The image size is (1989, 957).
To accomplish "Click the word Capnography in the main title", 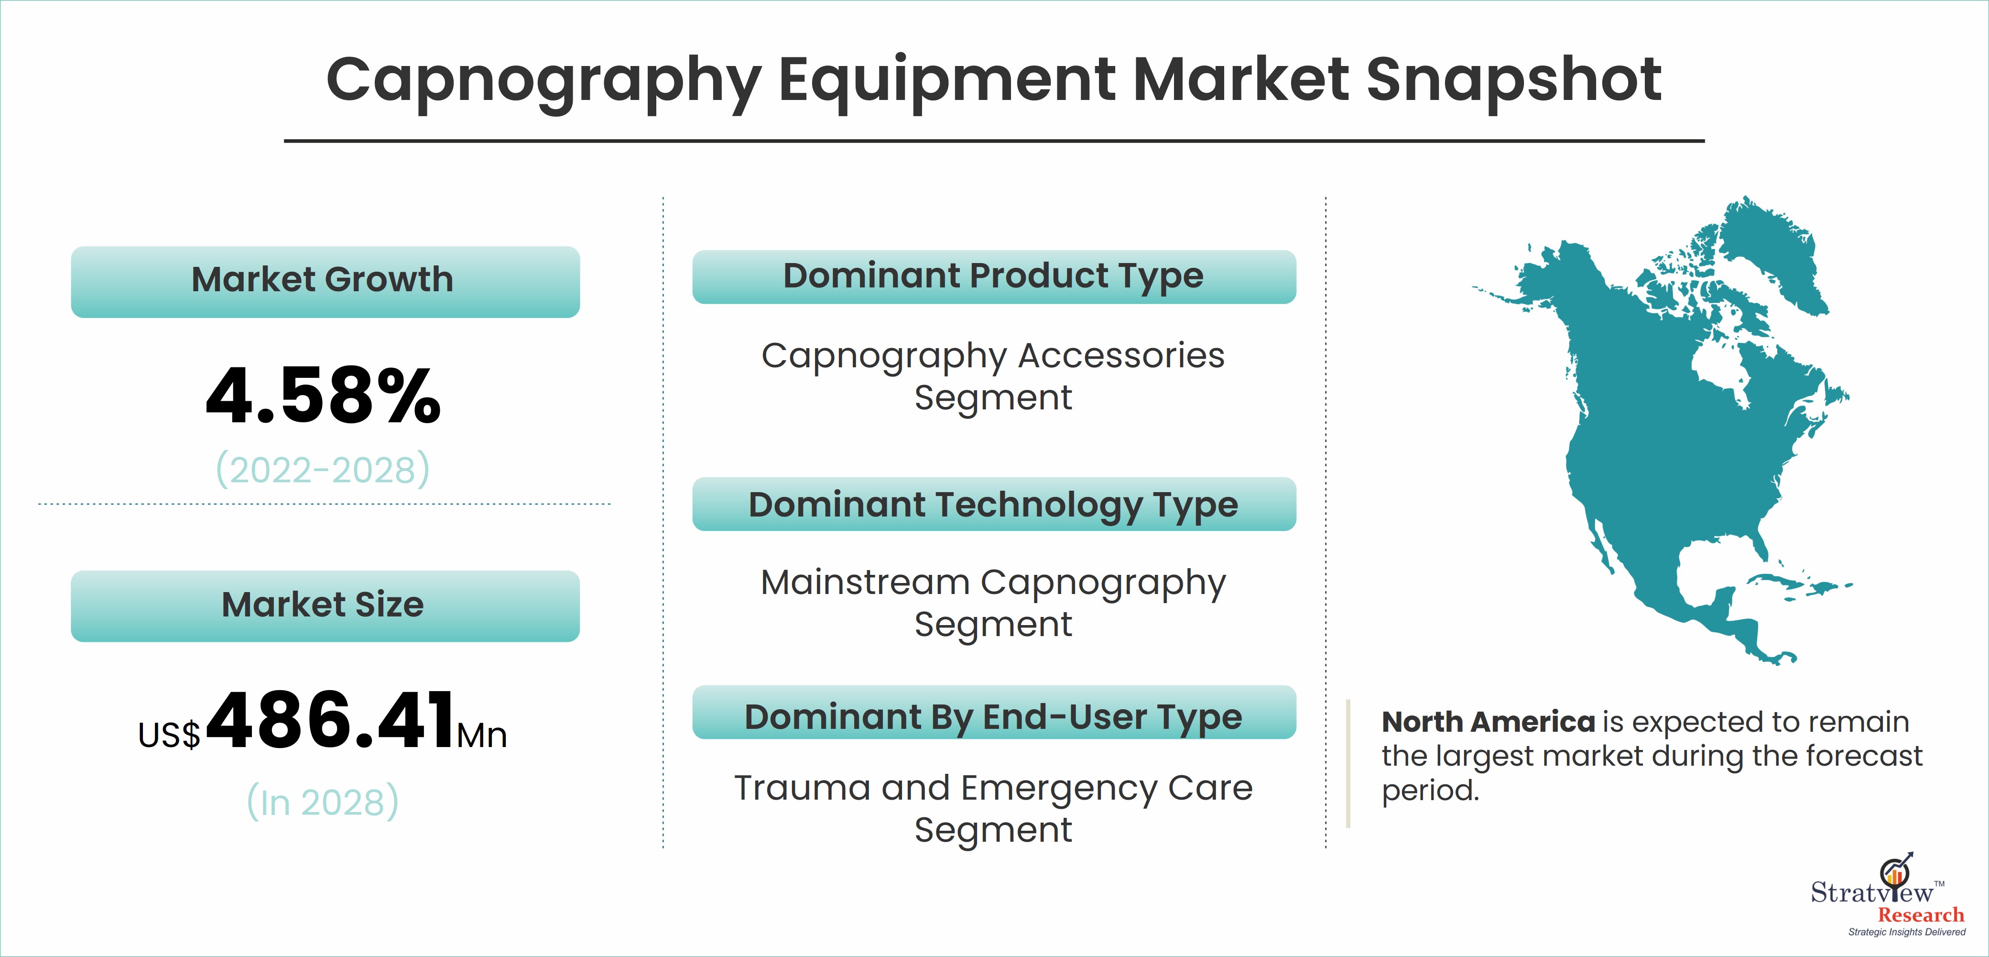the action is (544, 81).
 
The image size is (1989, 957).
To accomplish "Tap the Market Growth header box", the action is (325, 281).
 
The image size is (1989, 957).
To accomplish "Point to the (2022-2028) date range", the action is (323, 469).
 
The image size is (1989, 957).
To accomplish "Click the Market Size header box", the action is (325, 605).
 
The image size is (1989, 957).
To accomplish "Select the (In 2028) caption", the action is (323, 801).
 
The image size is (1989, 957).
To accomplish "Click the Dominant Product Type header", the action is (994, 276).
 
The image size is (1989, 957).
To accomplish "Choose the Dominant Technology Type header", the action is (994, 505).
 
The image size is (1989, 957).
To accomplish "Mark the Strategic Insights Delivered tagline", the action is (1906, 932).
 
